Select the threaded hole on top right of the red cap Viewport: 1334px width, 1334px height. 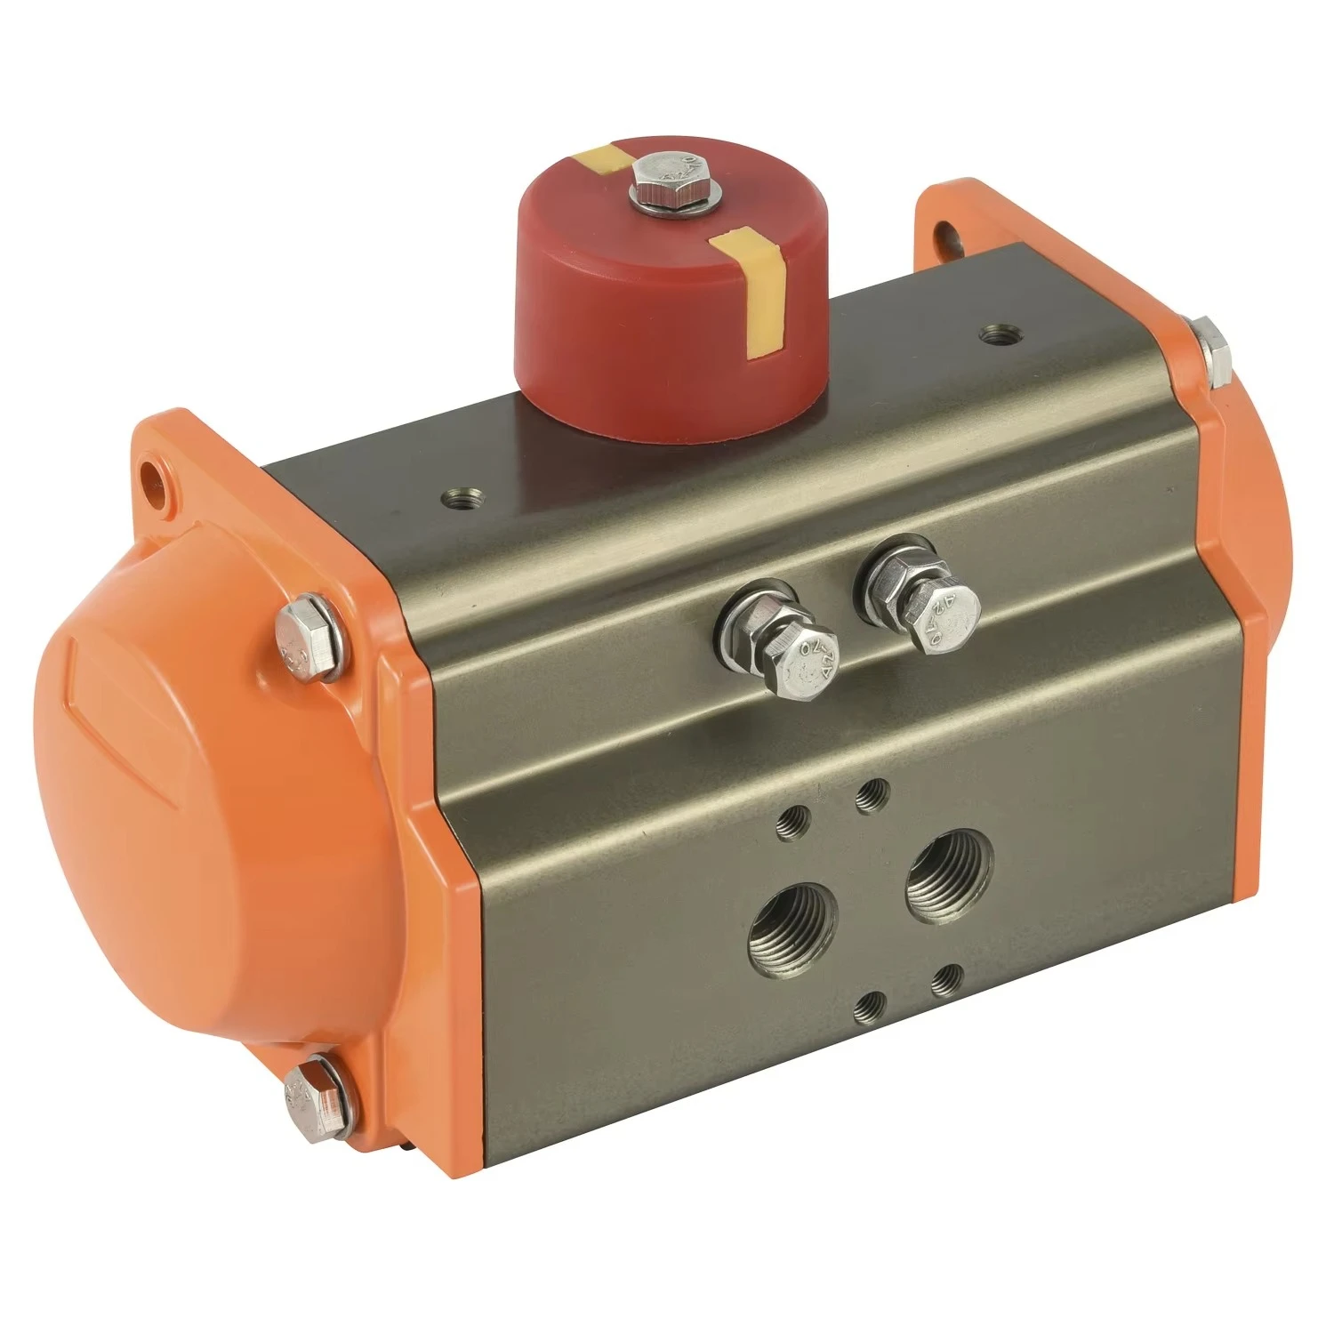pyautogui.click(x=994, y=336)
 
